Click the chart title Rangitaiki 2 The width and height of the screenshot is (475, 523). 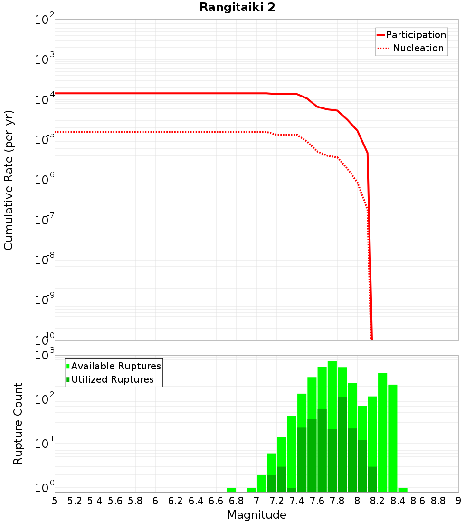click(x=237, y=7)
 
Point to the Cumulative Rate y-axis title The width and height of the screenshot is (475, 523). click(x=9, y=180)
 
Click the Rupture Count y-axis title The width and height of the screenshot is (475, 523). click(x=18, y=424)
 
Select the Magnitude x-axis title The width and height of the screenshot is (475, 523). click(x=256, y=515)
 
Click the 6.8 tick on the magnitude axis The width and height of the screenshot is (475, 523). click(x=236, y=500)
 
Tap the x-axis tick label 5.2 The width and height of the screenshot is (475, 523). click(x=75, y=500)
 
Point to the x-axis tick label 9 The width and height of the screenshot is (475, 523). click(x=458, y=500)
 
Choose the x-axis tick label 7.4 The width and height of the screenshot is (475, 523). click(x=297, y=500)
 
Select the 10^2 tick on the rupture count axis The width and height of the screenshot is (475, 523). click(x=45, y=399)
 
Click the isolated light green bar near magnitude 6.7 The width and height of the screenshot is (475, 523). click(x=231, y=490)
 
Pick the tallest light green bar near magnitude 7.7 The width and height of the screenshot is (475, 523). click(x=332, y=380)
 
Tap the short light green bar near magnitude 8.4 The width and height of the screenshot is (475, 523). click(x=403, y=490)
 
